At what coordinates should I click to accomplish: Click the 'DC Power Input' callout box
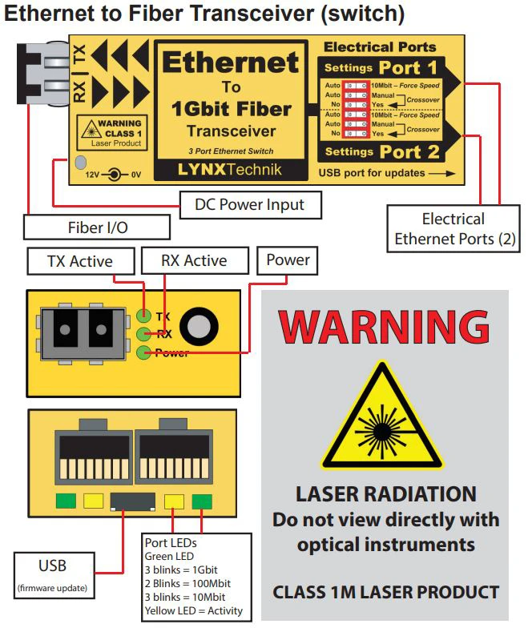click(250, 204)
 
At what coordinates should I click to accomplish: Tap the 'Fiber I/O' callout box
click(96, 227)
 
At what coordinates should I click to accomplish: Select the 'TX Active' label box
click(80, 261)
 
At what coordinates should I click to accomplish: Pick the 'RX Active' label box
click(195, 260)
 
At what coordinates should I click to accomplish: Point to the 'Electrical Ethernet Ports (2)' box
click(453, 228)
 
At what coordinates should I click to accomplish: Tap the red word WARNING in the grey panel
click(385, 326)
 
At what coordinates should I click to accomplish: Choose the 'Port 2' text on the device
click(408, 151)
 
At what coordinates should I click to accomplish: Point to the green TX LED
click(144, 316)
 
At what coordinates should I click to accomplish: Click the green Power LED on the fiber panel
click(144, 352)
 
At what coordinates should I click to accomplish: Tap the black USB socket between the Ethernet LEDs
click(131, 502)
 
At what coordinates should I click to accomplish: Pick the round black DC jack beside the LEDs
click(199, 325)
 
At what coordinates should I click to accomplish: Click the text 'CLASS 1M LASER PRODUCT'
click(385, 593)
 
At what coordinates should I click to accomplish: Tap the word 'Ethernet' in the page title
click(51, 14)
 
